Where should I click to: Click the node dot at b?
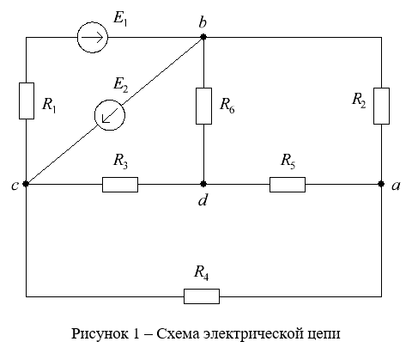(203, 37)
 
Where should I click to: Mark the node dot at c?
(26, 184)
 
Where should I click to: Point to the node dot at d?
(203, 184)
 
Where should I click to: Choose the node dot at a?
(381, 184)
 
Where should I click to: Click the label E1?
(120, 19)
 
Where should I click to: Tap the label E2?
(120, 85)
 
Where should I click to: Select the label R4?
(202, 272)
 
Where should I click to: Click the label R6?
(227, 106)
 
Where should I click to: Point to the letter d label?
(203, 199)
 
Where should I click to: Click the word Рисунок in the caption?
(100, 334)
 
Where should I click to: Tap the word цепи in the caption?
(324, 334)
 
